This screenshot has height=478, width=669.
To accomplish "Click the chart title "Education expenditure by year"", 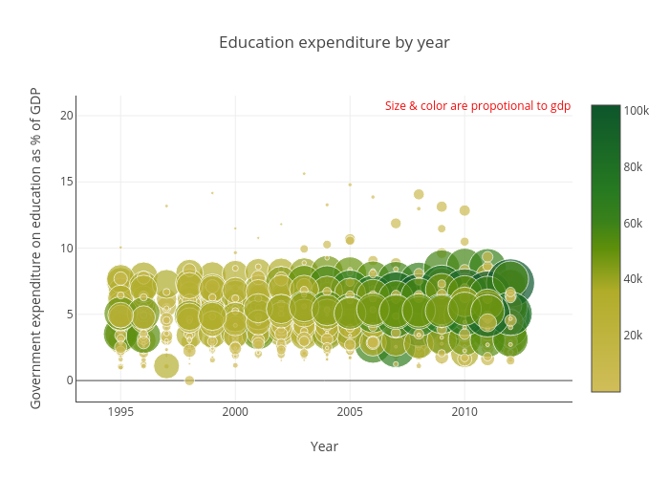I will coord(334,43).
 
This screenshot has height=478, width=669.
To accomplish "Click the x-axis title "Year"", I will coord(324,446).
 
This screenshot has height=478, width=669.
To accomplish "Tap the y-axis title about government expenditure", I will coord(35,247).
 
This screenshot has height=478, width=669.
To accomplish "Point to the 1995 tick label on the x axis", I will coord(120,412).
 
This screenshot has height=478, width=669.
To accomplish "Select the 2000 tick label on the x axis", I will coord(235,412).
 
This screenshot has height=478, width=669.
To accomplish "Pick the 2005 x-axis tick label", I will coord(350,412).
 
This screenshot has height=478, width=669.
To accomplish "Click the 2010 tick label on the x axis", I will coord(464,412).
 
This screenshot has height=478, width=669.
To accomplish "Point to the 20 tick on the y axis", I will coord(66,116).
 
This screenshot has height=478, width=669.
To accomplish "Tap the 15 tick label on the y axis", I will coord(66,182).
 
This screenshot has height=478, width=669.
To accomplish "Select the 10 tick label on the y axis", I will coord(66,248).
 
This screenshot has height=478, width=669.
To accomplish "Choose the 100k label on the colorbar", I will coord(637,111).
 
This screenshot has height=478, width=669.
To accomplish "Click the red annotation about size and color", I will coord(477,106).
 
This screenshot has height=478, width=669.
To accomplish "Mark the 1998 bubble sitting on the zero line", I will coord(189,380).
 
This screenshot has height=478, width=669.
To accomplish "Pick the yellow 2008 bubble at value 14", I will coord(419,194).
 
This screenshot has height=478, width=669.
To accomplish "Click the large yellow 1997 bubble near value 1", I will coord(166,366).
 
